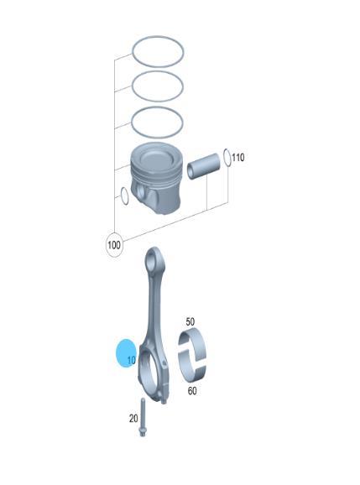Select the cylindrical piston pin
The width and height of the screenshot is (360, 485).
pyautogui.click(x=204, y=166)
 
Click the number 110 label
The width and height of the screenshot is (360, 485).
pyautogui.click(x=238, y=158)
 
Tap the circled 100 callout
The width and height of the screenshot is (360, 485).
pyautogui.click(x=114, y=245)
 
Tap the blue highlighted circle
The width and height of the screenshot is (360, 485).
pyautogui.click(x=125, y=352)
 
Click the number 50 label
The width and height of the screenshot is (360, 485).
pyautogui.click(x=190, y=321)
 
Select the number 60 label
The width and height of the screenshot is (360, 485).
pyautogui.click(x=192, y=391)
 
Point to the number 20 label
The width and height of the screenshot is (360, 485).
pyautogui.click(x=133, y=419)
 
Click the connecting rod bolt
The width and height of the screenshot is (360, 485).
pyautogui.click(x=143, y=417)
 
